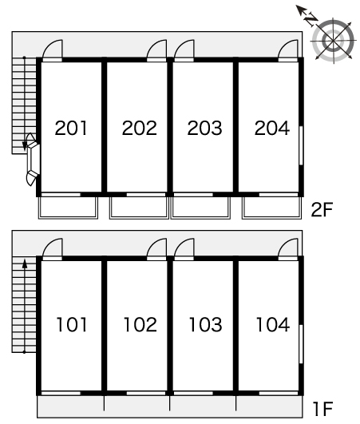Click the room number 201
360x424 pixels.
click(71, 128)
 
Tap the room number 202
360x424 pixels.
click(139, 128)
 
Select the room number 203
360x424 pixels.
click(204, 128)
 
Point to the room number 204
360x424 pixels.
click(272, 128)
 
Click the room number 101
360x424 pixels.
click(72, 324)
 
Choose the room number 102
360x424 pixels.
click(140, 324)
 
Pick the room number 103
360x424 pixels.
click(205, 324)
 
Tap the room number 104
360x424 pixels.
click(273, 324)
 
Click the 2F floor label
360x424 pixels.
click(322, 209)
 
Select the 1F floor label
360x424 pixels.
click(322, 409)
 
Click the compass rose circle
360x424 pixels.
click(333, 41)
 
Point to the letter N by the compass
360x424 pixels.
click(311, 18)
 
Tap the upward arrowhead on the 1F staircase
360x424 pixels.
click(25, 264)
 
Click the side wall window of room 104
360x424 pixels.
click(301, 344)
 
